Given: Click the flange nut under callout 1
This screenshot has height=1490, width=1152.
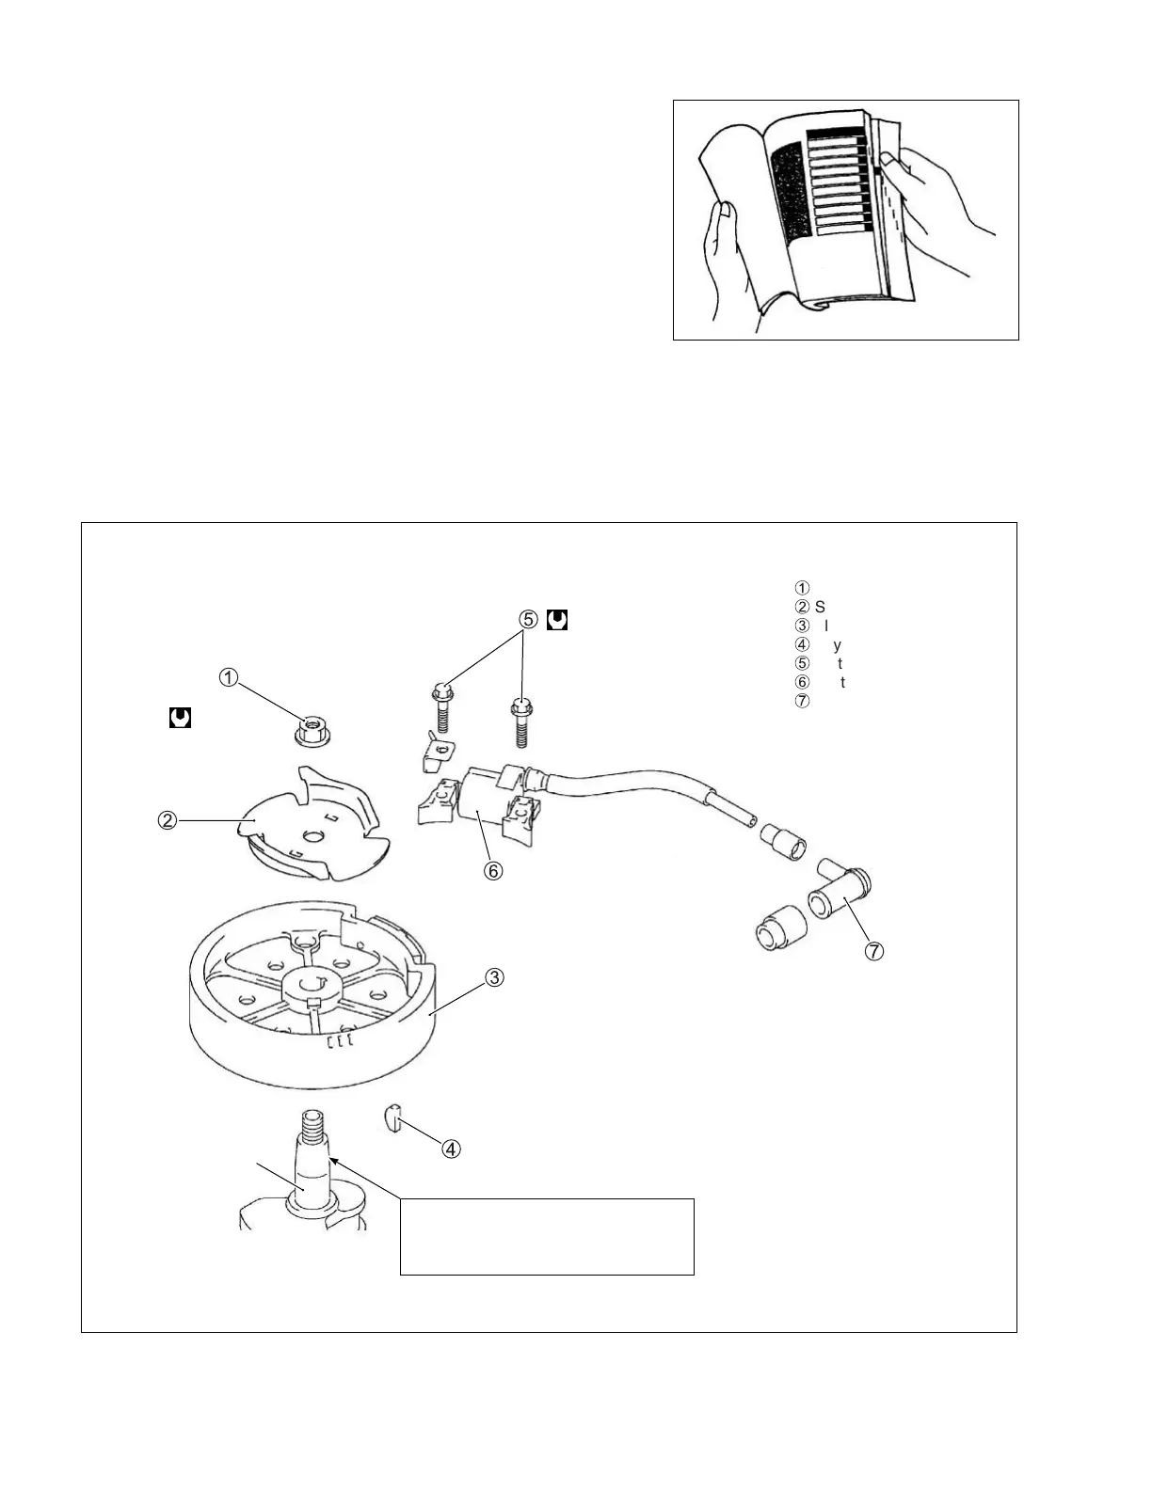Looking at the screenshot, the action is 311,730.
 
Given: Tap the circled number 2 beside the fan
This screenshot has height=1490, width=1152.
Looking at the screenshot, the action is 165,820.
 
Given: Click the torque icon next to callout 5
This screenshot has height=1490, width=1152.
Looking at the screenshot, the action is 556,620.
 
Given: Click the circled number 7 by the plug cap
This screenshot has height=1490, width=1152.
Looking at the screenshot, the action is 874,951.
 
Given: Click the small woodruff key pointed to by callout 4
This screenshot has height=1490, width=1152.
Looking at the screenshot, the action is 393,1118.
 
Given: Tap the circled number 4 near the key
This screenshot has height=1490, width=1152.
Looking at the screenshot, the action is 452,1148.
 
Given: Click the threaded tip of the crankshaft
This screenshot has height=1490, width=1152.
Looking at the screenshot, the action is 312,1123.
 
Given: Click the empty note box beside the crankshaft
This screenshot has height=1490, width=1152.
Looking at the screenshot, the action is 547,1236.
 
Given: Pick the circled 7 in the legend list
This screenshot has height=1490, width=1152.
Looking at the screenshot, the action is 802,701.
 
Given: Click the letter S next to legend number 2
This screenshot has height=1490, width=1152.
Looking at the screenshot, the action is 820,607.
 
